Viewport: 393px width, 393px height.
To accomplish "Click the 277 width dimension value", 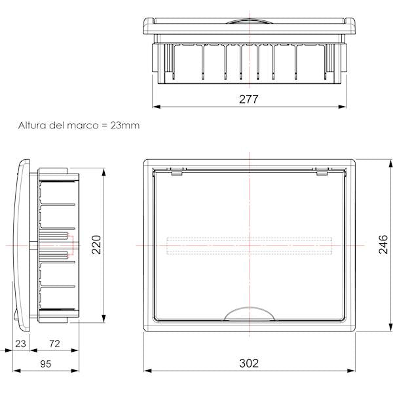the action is click(x=248, y=99).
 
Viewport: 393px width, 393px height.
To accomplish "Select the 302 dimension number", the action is click(x=249, y=363).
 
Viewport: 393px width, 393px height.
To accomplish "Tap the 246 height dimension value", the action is click(x=383, y=244).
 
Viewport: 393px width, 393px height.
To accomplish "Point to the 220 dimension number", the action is click(x=96, y=244).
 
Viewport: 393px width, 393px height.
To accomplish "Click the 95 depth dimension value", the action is click(x=45, y=364).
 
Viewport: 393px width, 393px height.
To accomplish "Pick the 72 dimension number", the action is click(x=54, y=343).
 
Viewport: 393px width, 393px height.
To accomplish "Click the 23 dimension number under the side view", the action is click(x=20, y=343).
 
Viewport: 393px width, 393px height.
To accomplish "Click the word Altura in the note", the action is click(x=32, y=125).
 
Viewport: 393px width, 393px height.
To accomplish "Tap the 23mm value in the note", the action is click(x=125, y=125).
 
